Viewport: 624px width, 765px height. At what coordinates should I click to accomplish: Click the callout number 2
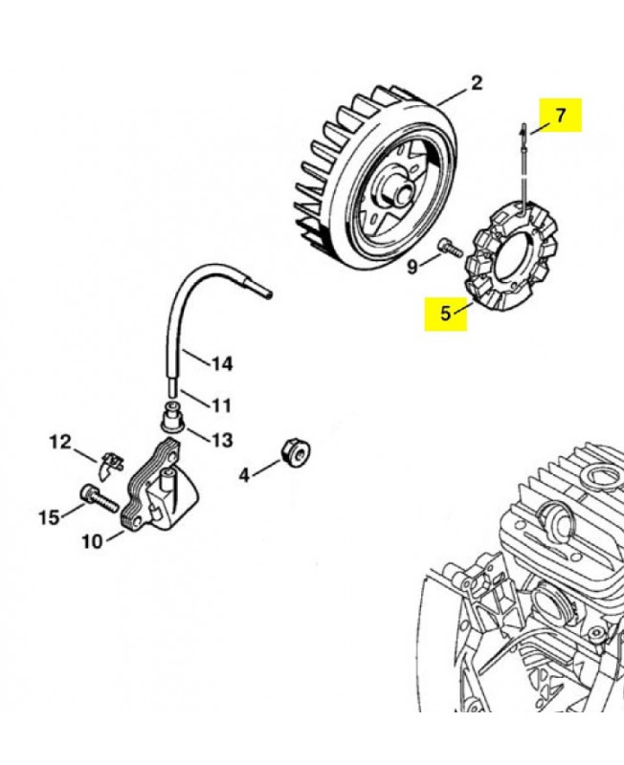[x=476, y=82]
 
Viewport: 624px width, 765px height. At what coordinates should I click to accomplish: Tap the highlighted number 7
[x=561, y=115]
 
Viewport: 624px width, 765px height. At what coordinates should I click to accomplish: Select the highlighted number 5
[x=445, y=314]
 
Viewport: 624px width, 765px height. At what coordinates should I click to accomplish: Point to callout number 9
[x=413, y=267]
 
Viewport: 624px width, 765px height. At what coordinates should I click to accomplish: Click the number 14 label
[x=222, y=363]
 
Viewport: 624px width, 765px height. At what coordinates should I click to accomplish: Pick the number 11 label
[x=221, y=405]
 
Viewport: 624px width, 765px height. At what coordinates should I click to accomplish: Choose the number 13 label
[x=222, y=440]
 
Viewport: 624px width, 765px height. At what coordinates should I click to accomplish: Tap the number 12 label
[x=60, y=442]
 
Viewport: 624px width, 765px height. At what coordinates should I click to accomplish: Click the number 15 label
[x=50, y=517]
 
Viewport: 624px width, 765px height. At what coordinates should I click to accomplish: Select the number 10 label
[x=93, y=541]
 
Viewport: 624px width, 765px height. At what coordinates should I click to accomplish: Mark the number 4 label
[x=244, y=474]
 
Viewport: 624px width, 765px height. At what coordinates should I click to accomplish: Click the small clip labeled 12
[x=111, y=465]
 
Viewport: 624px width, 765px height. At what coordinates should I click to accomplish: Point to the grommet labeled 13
[x=173, y=416]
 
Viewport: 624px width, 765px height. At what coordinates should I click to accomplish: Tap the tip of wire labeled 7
[x=523, y=125]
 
